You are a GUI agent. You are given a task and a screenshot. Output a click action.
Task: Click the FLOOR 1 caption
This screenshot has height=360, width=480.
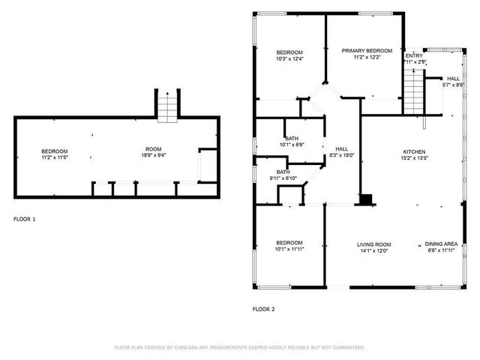click(24, 219)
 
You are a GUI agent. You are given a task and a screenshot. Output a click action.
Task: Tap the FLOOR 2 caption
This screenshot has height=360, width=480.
click(263, 308)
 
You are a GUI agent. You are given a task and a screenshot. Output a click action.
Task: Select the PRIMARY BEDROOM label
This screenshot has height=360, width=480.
click(367, 51)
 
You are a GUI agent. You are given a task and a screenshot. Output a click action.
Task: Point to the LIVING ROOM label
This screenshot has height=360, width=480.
click(373, 244)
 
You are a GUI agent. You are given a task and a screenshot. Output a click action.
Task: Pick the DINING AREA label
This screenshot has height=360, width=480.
click(441, 244)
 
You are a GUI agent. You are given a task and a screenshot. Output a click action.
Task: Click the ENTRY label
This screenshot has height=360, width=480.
click(413, 55)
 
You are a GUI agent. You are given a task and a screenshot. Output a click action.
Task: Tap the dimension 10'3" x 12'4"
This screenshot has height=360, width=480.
click(289, 58)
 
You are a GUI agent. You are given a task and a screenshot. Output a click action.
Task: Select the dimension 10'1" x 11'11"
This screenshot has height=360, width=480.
click(289, 249)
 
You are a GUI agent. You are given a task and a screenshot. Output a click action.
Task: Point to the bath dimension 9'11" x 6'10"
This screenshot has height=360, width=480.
click(282, 178)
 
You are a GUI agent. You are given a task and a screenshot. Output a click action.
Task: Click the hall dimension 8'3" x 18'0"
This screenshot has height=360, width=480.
click(341, 155)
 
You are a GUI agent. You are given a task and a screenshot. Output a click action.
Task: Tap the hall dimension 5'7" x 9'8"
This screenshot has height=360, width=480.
click(453, 85)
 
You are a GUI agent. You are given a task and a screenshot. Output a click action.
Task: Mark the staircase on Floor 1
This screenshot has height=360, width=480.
click(168, 105)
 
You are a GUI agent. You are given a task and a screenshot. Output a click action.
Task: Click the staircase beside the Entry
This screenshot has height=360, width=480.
click(415, 88)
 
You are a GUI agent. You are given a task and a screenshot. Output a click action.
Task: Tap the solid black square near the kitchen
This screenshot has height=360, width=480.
click(366, 199)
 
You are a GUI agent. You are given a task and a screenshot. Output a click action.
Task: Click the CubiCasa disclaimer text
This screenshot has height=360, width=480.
click(239, 348)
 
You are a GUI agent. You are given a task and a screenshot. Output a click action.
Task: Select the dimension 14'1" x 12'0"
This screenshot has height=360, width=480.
click(373, 250)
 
